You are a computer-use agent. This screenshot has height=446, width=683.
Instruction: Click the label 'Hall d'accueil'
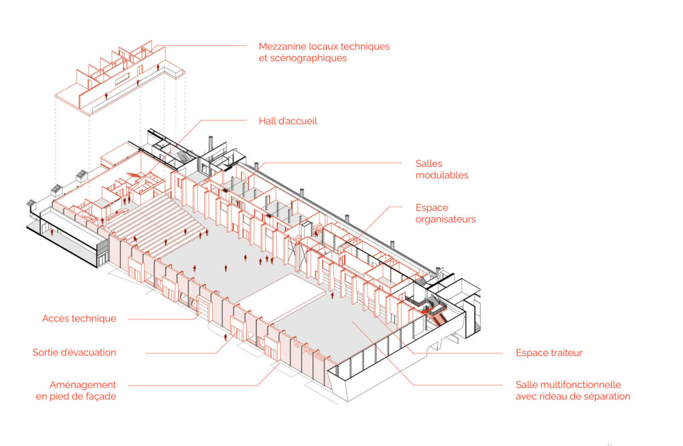287,121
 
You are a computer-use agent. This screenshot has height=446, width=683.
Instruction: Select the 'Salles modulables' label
442,169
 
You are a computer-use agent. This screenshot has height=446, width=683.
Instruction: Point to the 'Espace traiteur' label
549,353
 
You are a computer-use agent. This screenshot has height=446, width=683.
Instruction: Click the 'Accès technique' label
79,319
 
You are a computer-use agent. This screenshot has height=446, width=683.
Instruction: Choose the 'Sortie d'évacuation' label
74,352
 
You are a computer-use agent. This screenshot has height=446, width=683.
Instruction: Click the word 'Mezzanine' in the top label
283,47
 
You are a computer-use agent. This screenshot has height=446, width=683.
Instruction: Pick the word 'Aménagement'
83,385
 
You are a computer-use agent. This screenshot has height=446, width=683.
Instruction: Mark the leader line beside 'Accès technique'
160,319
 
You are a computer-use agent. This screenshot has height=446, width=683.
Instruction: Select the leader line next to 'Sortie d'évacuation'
180,353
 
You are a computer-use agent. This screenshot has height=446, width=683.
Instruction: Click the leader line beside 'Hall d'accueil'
227,121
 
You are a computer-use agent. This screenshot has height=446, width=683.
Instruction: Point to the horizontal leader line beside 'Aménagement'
193,385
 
